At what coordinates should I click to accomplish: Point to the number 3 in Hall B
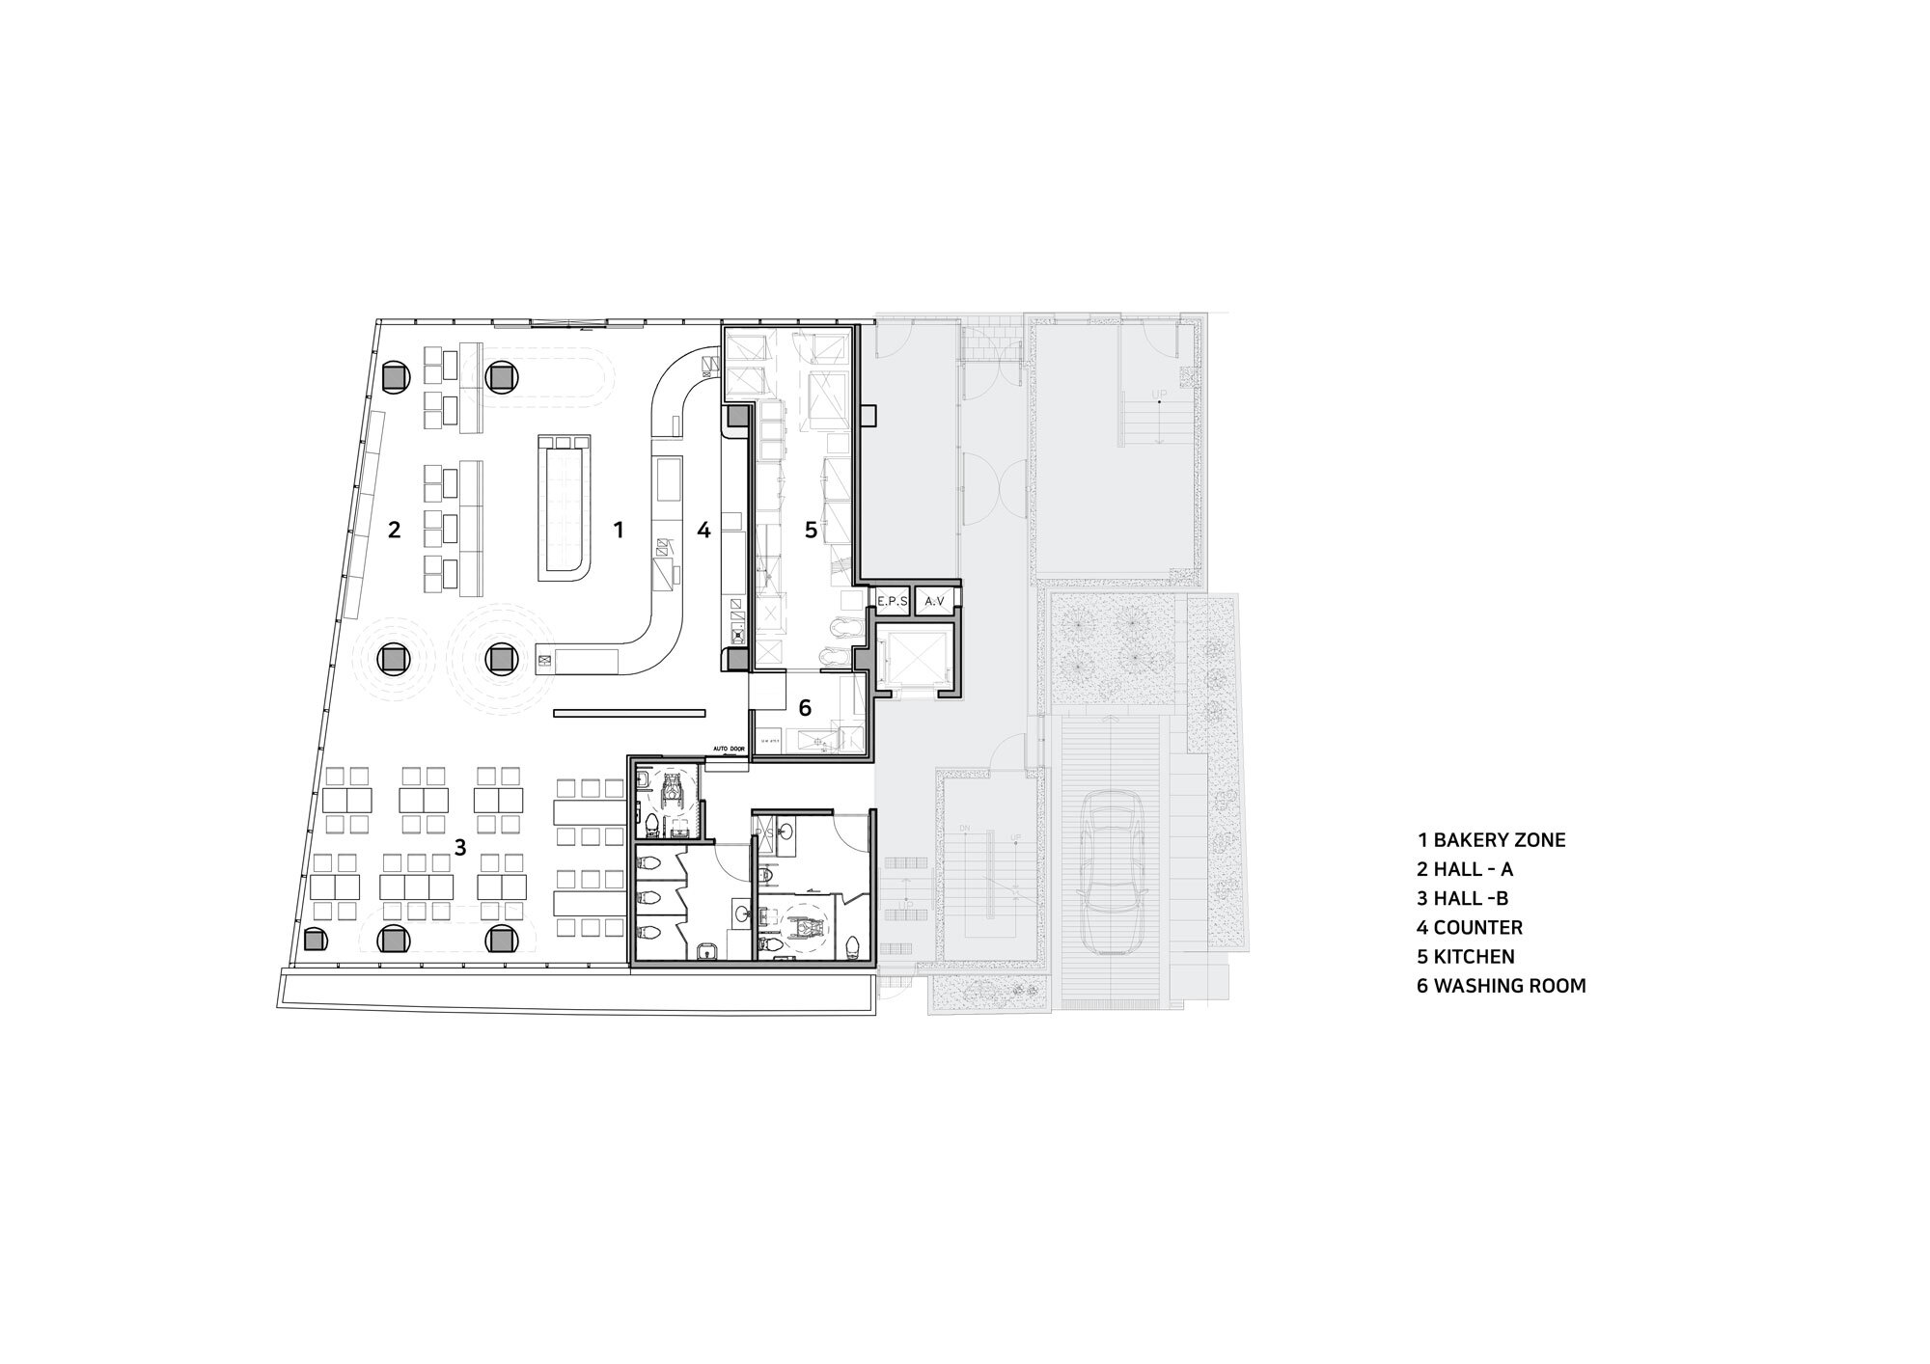coord(460,847)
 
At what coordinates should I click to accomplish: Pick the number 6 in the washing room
coord(805,707)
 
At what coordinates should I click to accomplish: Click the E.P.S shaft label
coord(891,601)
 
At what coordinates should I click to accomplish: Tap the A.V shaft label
coord(934,601)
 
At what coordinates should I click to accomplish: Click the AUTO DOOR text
coord(730,749)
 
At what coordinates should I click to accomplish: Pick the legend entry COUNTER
coord(1470,928)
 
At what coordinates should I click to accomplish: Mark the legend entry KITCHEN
coord(1466,957)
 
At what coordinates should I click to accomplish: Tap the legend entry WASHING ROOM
coord(1502,986)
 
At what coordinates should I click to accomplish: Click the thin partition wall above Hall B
coord(630,714)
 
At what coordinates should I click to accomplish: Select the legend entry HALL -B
coord(1463,899)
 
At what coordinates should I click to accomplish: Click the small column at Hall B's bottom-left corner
coord(313,939)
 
